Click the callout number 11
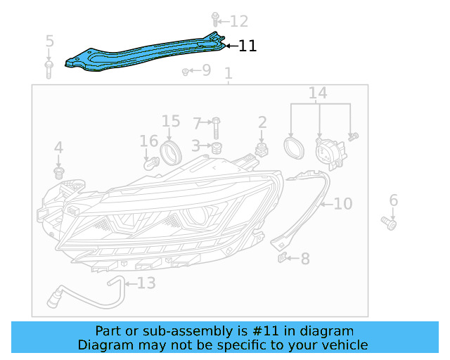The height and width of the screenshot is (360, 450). tap(247, 46)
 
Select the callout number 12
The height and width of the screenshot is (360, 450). tap(239, 21)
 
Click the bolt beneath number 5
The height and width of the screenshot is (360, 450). tap(49, 69)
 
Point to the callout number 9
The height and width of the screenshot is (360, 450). tap(205, 70)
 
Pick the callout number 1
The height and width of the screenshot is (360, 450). tap(228, 74)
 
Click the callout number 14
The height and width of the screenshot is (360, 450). tap(318, 94)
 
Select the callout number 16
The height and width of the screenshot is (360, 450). tap(148, 141)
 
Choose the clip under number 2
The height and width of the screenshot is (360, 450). tap(262, 149)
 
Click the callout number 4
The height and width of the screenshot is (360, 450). tap(58, 148)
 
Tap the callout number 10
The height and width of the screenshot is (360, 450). tap(342, 204)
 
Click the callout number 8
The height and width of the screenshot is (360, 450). tap(304, 259)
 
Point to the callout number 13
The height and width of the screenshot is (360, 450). tap(146, 283)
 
